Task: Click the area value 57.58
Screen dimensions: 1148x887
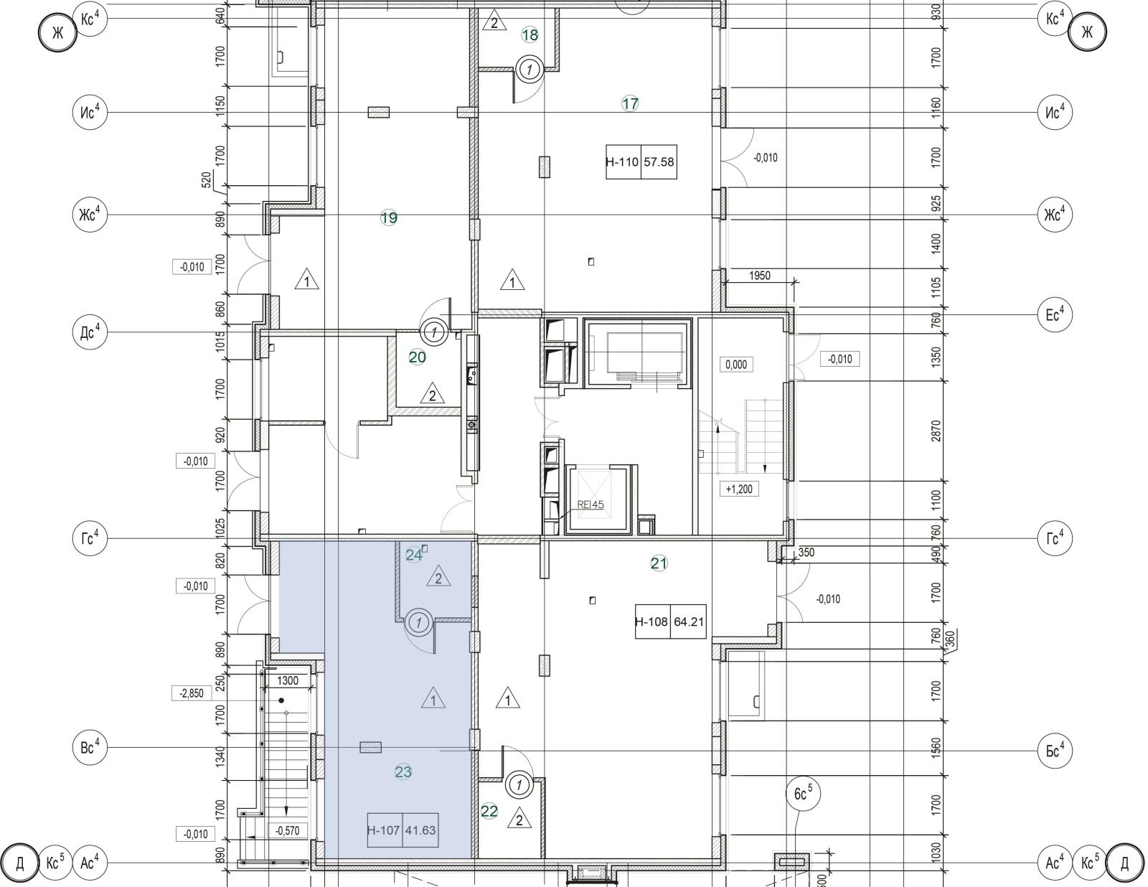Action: tap(659, 162)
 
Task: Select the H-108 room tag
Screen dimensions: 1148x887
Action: tap(652, 621)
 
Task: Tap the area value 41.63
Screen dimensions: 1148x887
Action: tap(420, 830)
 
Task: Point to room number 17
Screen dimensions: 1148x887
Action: tap(630, 103)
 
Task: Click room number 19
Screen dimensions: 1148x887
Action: tap(389, 217)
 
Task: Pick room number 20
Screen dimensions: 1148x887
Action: tap(418, 357)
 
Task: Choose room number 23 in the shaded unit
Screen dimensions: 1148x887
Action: tap(403, 772)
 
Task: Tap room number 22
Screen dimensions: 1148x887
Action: tap(489, 811)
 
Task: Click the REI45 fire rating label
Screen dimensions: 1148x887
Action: tap(590, 504)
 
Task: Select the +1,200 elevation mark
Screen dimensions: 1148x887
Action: tap(739, 489)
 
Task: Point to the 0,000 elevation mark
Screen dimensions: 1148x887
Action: tap(736, 365)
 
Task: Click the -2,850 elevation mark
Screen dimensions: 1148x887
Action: tap(192, 693)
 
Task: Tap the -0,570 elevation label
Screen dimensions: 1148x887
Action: tap(288, 831)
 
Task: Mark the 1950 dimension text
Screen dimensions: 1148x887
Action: tap(760, 276)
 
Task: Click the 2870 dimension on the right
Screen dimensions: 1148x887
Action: tap(936, 431)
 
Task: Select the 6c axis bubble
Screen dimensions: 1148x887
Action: tap(803, 794)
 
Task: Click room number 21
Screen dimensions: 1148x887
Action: tap(659, 563)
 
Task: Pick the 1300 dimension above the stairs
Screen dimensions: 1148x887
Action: tap(288, 680)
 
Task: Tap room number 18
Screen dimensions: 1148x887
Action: tap(530, 35)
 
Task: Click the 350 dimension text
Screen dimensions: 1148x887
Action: tap(806, 553)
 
